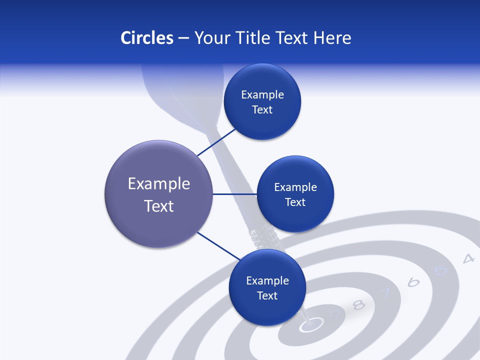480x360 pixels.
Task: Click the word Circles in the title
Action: click(147, 38)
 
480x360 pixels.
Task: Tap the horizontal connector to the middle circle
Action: click(235, 194)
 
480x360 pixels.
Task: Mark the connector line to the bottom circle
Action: click(218, 245)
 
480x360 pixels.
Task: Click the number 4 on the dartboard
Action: click(468, 258)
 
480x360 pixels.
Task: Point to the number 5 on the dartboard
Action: click(441, 270)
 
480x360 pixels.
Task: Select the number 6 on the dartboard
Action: click(413, 282)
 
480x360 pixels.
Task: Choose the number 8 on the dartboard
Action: click(358, 304)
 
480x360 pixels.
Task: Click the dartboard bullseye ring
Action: click(310, 325)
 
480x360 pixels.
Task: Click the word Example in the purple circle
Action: click(159, 184)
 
